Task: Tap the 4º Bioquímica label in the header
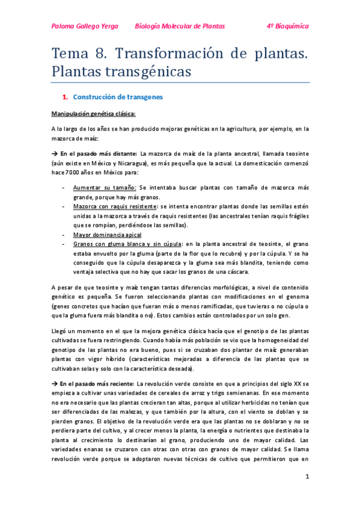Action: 287,26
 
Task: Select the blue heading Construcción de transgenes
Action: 118,96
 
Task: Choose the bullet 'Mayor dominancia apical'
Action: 108,235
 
